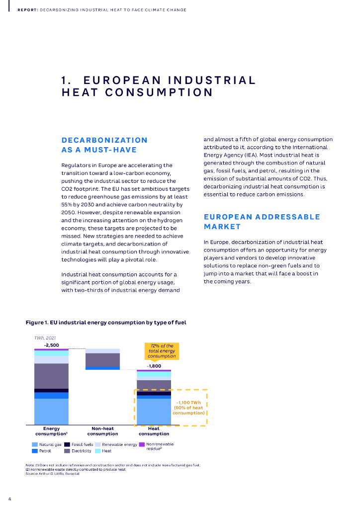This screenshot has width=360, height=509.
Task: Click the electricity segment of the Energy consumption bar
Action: (51, 376)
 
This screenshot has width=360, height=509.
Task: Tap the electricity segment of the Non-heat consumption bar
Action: (102, 359)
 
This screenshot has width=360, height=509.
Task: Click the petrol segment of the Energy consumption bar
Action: (51, 396)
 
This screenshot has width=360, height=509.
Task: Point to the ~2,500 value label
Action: (51, 345)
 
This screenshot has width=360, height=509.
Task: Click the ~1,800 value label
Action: (154, 366)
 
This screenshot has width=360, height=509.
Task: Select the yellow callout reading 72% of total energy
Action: (162, 351)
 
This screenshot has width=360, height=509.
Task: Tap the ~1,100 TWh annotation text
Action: (189, 408)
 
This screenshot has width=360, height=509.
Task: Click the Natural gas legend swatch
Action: (34, 444)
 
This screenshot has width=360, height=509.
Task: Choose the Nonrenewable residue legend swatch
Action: (142, 444)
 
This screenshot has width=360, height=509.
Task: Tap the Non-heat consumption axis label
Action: (102, 430)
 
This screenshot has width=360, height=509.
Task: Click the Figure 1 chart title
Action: (106, 323)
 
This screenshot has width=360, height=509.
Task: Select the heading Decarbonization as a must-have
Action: (104, 145)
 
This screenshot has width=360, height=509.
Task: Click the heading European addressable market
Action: (262, 222)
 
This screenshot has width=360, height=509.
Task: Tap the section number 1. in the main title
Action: (68, 81)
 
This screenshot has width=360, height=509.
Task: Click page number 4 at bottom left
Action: (9, 498)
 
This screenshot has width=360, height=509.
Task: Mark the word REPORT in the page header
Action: (27, 10)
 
